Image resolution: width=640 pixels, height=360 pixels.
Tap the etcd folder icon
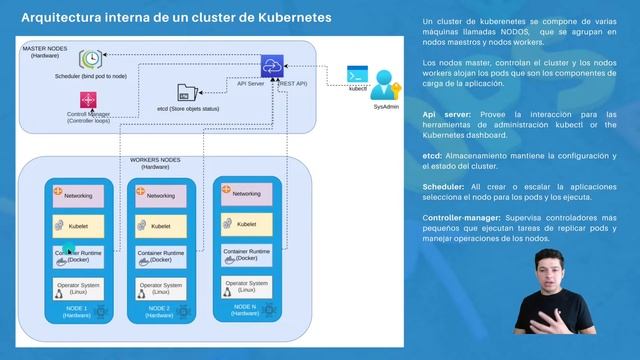pyautogui.click(x=183, y=92)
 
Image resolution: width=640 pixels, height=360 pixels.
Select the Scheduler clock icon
pyautogui.click(x=92, y=60)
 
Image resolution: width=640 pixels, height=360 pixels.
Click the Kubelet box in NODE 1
pyautogui.click(x=78, y=226)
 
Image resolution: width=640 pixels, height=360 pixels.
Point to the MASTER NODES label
pyautogui.click(x=45, y=48)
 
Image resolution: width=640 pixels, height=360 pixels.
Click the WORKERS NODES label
pyautogui.click(x=156, y=160)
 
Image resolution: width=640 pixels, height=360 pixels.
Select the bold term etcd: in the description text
pyautogui.click(x=433, y=156)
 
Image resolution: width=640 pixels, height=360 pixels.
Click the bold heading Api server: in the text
pyautogui.click(x=446, y=114)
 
